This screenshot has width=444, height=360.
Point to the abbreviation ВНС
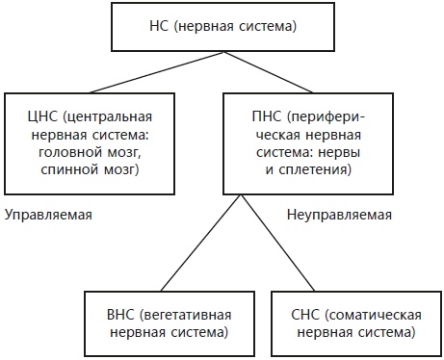(120, 315)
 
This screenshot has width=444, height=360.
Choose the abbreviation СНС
(304, 315)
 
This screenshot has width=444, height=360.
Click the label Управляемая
(48, 215)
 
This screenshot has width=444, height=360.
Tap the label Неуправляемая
(339, 215)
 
